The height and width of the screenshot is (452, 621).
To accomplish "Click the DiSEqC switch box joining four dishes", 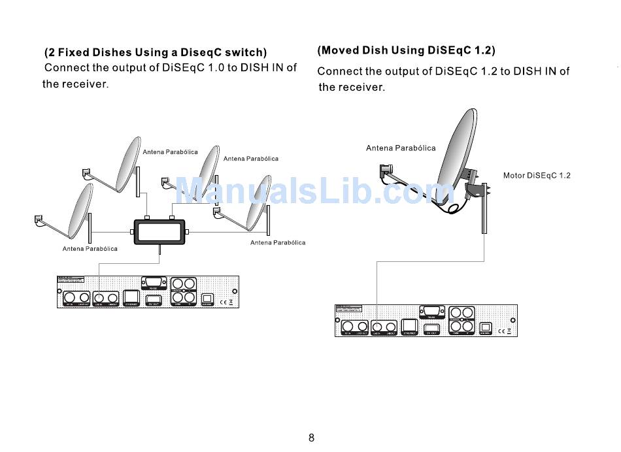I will coord(159,233).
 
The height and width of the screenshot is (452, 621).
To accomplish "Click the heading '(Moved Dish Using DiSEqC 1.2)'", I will coord(406,50).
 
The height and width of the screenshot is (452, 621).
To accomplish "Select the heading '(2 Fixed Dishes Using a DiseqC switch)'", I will coord(156,52).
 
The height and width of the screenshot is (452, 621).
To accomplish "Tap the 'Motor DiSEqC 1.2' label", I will coord(537,176).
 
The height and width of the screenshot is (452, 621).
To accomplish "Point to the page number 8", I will coord(311,438).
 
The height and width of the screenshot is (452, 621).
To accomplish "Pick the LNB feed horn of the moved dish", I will coord(383,171).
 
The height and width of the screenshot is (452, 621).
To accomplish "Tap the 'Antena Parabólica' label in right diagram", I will coord(401,148).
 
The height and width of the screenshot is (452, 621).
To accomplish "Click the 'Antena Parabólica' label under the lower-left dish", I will coord(90,249).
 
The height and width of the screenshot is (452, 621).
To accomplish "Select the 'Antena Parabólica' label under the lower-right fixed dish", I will coord(278,243).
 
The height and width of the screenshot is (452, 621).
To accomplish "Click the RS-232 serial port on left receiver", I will coord(154,283).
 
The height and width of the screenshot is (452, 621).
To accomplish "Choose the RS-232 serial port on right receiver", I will coord(431,312).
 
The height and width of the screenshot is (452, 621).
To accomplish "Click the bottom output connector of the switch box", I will coord(159,250).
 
